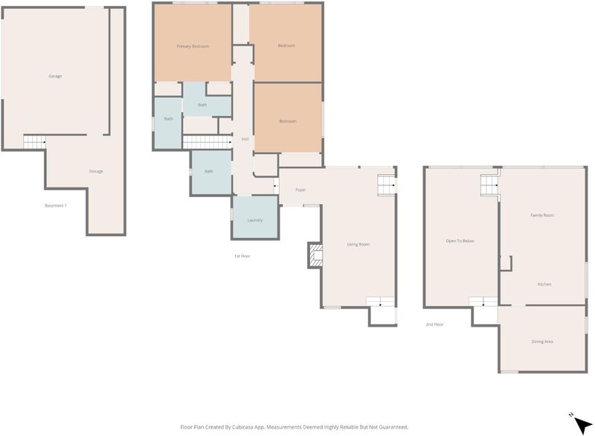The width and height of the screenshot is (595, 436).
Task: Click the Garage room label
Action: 55,77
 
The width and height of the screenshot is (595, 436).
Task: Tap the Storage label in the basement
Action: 96,172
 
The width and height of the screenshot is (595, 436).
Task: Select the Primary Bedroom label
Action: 193,46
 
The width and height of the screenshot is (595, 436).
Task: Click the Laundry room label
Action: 255,220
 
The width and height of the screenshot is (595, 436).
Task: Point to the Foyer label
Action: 300,190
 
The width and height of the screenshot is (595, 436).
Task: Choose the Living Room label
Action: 358,244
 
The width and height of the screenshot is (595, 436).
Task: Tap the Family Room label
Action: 542,215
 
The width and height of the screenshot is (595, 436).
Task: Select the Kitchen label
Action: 544,284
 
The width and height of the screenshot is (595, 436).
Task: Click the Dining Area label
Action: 542,342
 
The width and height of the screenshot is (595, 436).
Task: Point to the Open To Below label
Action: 460,241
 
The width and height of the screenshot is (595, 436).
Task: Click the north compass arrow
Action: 582,425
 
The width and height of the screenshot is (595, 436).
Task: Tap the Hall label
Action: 245,139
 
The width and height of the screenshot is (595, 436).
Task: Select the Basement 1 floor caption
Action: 56,205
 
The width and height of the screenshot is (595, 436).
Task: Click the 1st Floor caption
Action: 242,256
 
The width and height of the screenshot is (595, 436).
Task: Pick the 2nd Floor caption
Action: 434,324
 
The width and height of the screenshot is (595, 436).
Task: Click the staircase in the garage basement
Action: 34,142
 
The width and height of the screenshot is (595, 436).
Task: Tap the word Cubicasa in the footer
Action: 242,427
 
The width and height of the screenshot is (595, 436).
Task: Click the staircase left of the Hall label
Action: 208,142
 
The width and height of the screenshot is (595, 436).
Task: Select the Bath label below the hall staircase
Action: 209,172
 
